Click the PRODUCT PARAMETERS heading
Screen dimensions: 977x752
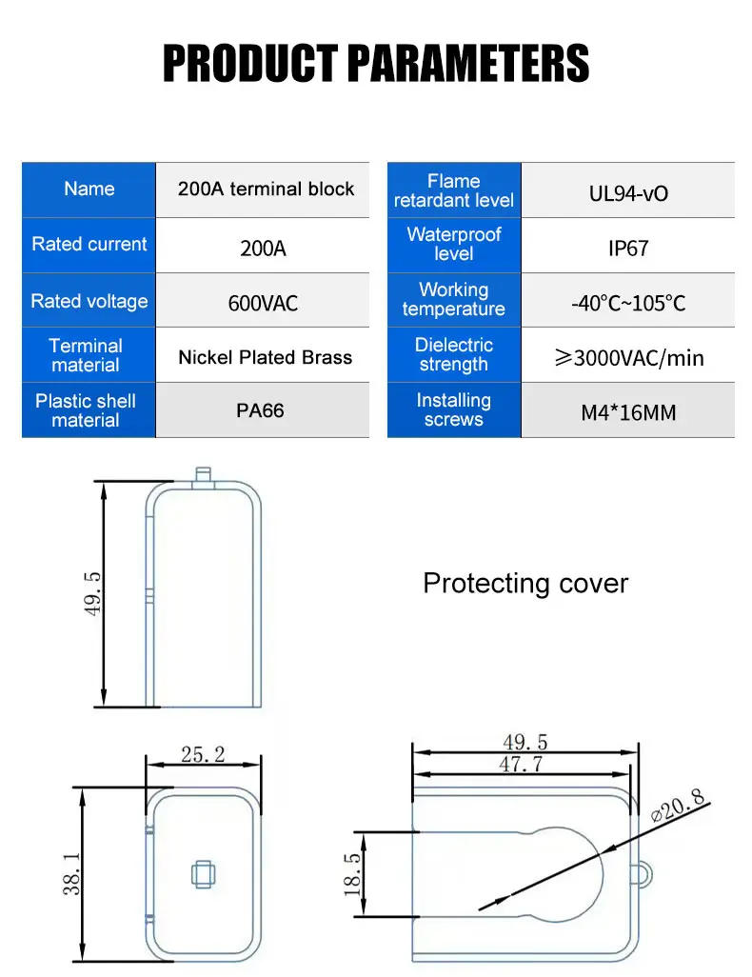(376, 64)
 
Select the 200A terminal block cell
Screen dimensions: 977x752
(266, 189)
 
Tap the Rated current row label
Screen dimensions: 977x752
(89, 245)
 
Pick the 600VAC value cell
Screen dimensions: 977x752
(263, 303)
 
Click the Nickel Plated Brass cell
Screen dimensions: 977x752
(265, 357)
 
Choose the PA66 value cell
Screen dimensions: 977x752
(260, 411)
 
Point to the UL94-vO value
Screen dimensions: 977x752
(628, 193)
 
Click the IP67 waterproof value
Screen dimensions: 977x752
(628, 249)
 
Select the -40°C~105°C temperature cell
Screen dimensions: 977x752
(628, 304)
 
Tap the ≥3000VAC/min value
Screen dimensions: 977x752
(628, 358)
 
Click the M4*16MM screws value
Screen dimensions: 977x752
(628, 413)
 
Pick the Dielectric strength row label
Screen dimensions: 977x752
(454, 354)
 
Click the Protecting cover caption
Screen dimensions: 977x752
(525, 583)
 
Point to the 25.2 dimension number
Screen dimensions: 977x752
(203, 754)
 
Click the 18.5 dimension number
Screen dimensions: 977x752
(352, 874)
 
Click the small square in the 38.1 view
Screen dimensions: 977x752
(203, 874)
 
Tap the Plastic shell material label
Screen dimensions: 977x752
(86, 410)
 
